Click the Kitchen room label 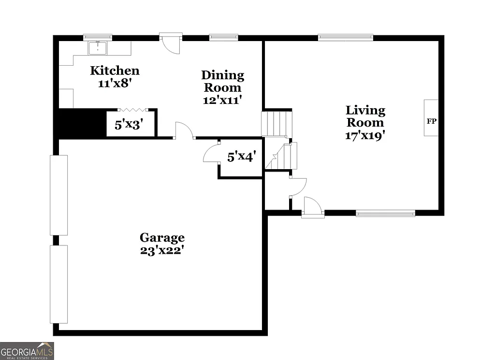click(x=115, y=71)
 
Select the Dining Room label click(x=222, y=81)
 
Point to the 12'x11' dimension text click(x=222, y=100)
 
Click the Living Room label click(x=365, y=116)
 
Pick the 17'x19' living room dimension click(x=365, y=135)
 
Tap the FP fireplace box click(x=431, y=118)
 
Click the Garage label click(x=162, y=238)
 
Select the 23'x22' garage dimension click(x=162, y=251)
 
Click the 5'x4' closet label click(x=241, y=157)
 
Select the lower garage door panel click(x=59, y=284)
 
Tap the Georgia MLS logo click(x=27, y=351)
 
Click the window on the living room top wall click(x=345, y=37)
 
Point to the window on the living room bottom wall click(x=385, y=213)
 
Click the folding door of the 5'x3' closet click(x=131, y=111)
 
